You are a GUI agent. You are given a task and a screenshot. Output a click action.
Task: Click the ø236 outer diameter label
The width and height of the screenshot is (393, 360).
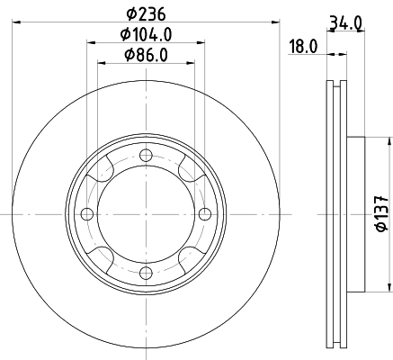tap(145, 13)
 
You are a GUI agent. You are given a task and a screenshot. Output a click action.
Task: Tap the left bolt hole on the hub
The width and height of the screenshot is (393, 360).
tap(86, 213)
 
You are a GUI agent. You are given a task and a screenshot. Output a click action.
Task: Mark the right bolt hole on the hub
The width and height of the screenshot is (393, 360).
tap(203, 213)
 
